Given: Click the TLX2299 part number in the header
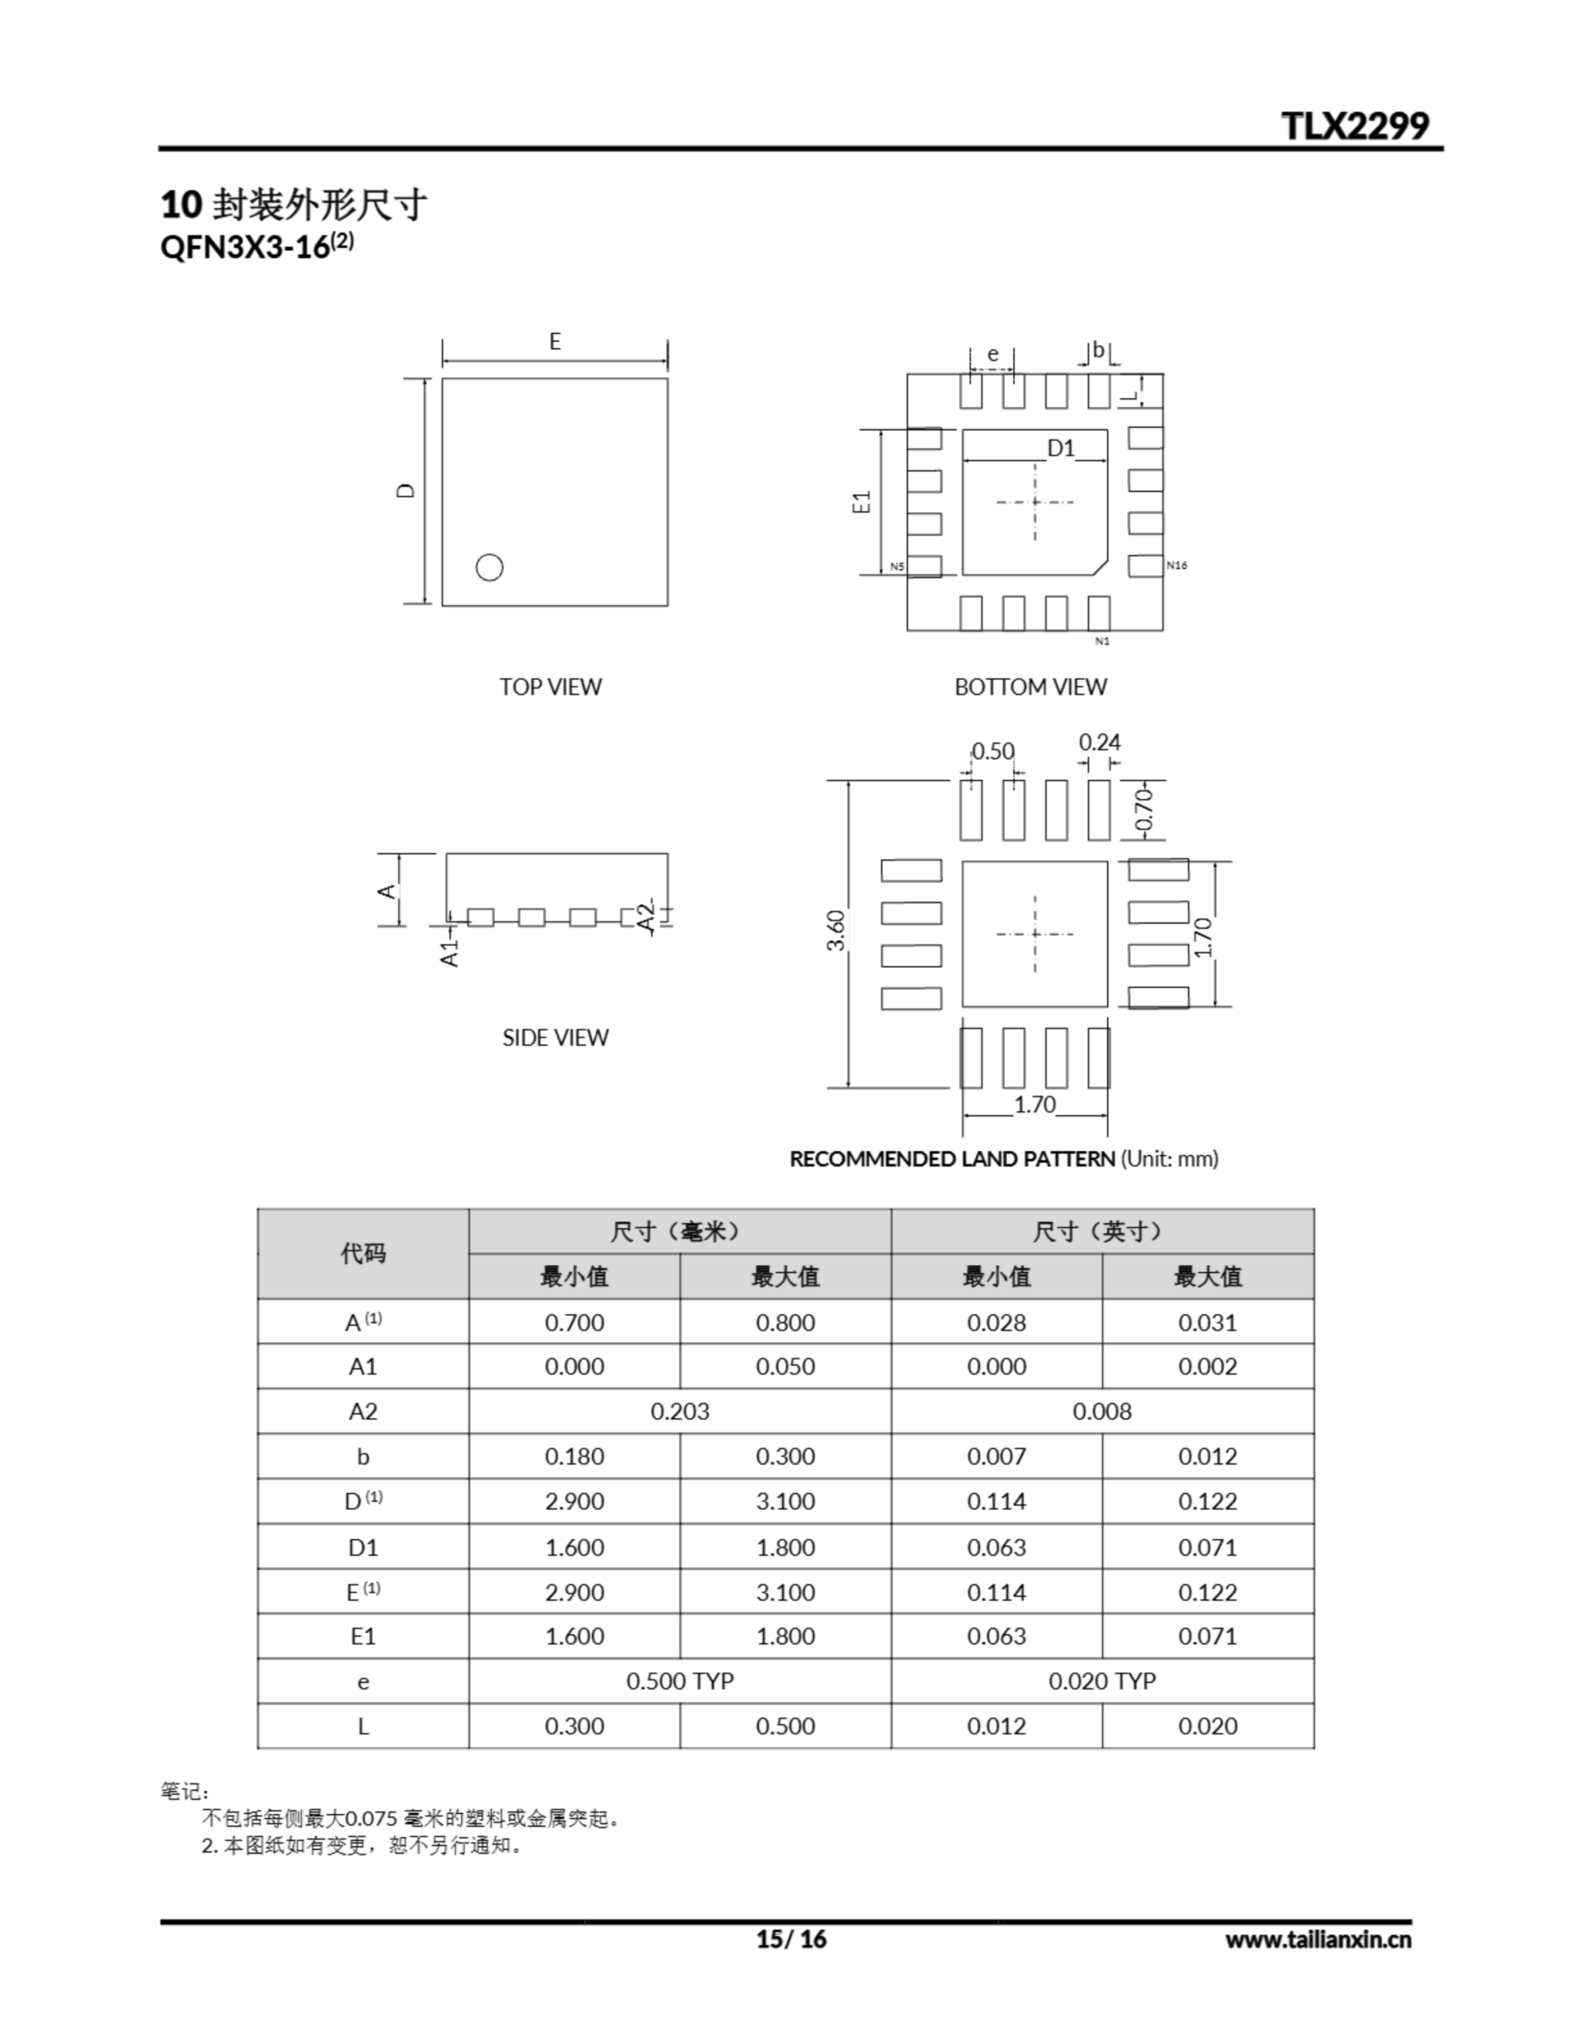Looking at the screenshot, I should click(1354, 126).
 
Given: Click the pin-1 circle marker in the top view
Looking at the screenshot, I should click(490, 567).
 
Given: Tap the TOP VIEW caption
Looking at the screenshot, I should click(550, 687).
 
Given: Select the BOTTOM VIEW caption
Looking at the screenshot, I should click(1030, 687).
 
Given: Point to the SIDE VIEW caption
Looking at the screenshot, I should click(555, 1037).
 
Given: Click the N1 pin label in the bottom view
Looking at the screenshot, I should click(1102, 641).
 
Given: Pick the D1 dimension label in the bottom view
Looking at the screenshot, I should click(1060, 448).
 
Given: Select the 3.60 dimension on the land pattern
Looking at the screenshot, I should click(836, 930).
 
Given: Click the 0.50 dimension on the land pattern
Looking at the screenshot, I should click(993, 751).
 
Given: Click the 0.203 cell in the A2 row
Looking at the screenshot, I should click(680, 1411).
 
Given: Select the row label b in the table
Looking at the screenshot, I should click(362, 1456).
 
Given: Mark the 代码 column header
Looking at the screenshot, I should click(362, 1254).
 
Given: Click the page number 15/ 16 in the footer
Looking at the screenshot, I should click(790, 1939).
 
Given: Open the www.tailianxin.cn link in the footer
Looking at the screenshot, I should click(1318, 1939).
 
